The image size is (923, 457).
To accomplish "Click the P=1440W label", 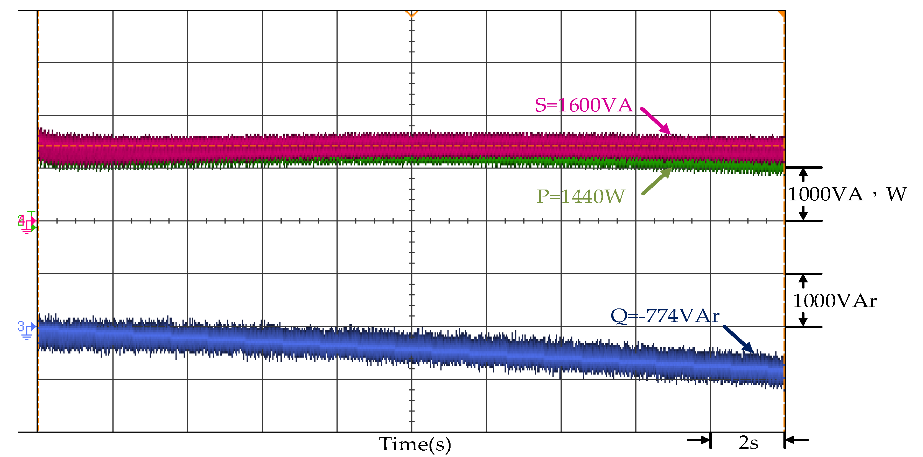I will coord(580,196).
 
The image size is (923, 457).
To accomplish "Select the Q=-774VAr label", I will coord(665,316).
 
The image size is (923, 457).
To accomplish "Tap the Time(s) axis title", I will coord(415,445).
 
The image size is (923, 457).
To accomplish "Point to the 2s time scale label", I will coord(748,443).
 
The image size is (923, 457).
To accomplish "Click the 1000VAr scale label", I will coord(834,301).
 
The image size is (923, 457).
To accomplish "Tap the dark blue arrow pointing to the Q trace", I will coord(738,339).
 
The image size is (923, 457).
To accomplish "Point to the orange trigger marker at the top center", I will coord(411,14).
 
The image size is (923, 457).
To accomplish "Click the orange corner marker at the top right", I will coord(782,14).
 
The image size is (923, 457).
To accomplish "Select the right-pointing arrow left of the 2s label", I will coord(699,440).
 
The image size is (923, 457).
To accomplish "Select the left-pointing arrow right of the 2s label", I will coord(796,440).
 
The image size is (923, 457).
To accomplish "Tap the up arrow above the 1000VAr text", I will coord(803,281).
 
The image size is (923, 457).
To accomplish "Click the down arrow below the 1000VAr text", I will coord(803,319).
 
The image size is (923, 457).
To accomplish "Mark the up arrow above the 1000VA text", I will coord(803,175).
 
